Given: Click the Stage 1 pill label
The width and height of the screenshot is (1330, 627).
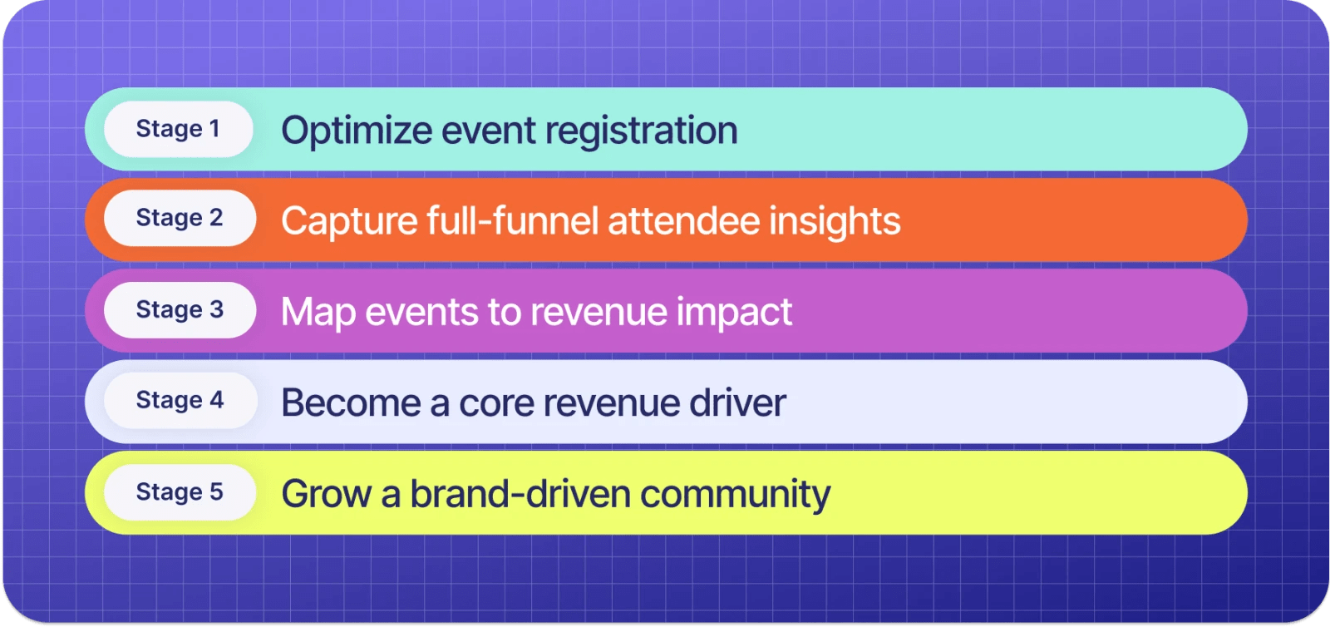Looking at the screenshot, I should (x=178, y=129).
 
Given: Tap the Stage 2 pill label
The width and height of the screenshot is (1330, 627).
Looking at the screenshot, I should (x=180, y=218).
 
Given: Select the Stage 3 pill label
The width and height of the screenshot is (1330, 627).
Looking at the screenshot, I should (x=180, y=309).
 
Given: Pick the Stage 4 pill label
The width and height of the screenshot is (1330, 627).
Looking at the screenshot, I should (x=180, y=400).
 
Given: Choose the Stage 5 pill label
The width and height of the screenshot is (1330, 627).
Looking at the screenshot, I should (x=180, y=491).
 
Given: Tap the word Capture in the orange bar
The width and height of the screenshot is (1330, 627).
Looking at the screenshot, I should (x=347, y=221).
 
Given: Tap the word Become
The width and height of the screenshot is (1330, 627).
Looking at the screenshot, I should (x=351, y=403).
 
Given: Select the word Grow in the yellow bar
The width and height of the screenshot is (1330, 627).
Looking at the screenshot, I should (x=326, y=494).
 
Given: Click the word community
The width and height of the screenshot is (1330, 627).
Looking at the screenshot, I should (x=735, y=494).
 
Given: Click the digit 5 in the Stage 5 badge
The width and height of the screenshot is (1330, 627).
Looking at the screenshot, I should (x=216, y=491).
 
